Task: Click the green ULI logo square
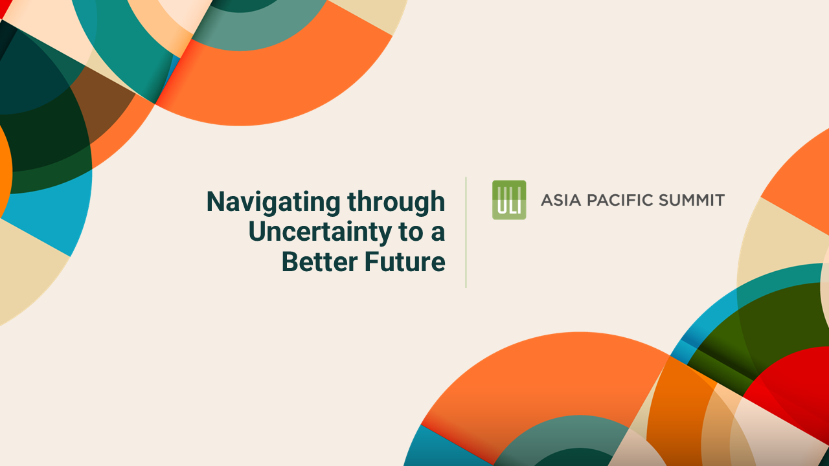(x=509, y=200)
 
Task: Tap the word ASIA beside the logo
(x=561, y=200)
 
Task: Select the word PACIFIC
(x=620, y=200)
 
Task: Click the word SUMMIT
(x=692, y=200)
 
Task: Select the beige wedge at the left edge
(x=26, y=272)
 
